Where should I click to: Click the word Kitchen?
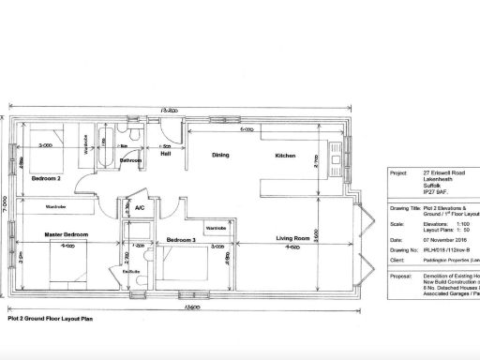coord(286,156)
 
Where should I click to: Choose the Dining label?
coord(221,156)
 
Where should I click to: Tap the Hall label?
coord(165,157)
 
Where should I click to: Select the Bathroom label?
coord(131,160)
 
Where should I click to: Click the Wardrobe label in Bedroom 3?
coord(216,227)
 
